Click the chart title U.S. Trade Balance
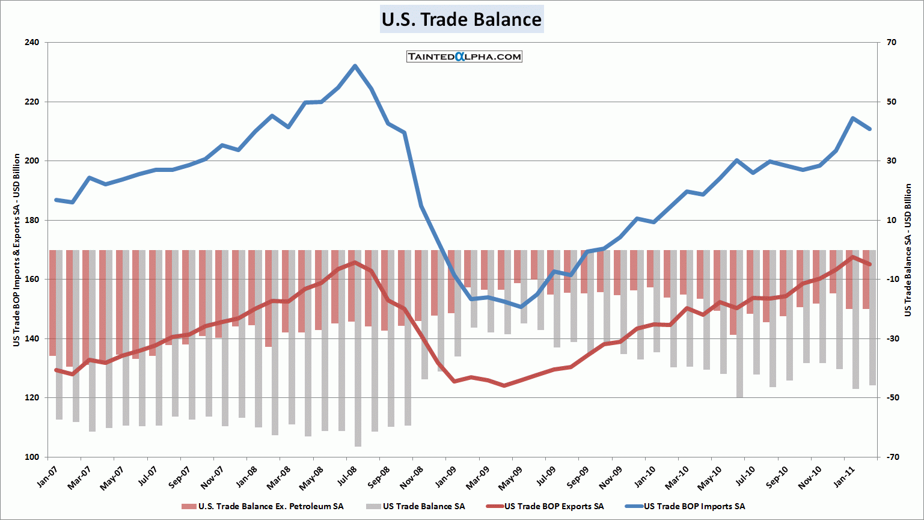[x=462, y=19]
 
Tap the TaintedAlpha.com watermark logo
[x=464, y=57]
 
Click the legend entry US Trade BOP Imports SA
[x=694, y=506]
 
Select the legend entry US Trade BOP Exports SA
[x=554, y=506]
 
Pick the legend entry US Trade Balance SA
[x=423, y=506]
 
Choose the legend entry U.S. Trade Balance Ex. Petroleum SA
[x=271, y=506]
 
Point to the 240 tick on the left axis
[x=32, y=43]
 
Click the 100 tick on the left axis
[x=32, y=457]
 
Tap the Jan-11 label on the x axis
[x=843, y=476]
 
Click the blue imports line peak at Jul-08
[x=355, y=66]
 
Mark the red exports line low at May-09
[x=504, y=385]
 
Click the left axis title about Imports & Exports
[x=17, y=249]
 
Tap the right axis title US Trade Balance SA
[x=908, y=249]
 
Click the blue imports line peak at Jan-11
[x=852, y=118]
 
